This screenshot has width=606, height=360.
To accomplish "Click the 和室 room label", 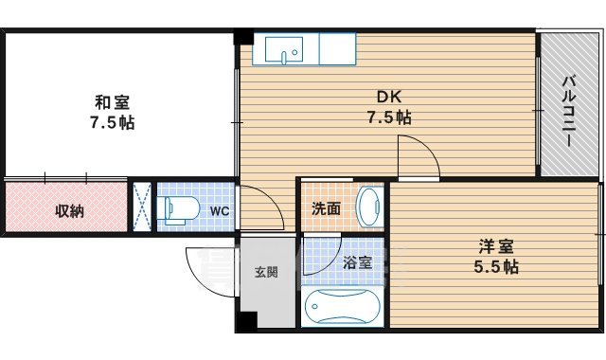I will coord(113,102).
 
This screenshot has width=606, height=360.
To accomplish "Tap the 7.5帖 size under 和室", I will coord(113,123).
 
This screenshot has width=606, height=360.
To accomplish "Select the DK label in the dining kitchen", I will coord(388,97).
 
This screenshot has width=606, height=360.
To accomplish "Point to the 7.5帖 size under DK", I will coord(388,117).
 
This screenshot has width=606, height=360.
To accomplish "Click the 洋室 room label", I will coord(496,246).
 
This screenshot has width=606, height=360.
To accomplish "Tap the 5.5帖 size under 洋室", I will coord(496,267).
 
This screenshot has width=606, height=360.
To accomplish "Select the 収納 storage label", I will coord(67,210).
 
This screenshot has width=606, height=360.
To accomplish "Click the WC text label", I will coord(219,210).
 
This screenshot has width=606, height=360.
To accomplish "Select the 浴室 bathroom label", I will coord(357,262).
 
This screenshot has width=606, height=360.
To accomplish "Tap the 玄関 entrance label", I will coord(266,273).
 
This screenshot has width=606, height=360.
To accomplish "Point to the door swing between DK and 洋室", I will coord(417,156).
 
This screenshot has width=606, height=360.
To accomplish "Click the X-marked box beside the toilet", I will coord(141,206).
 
